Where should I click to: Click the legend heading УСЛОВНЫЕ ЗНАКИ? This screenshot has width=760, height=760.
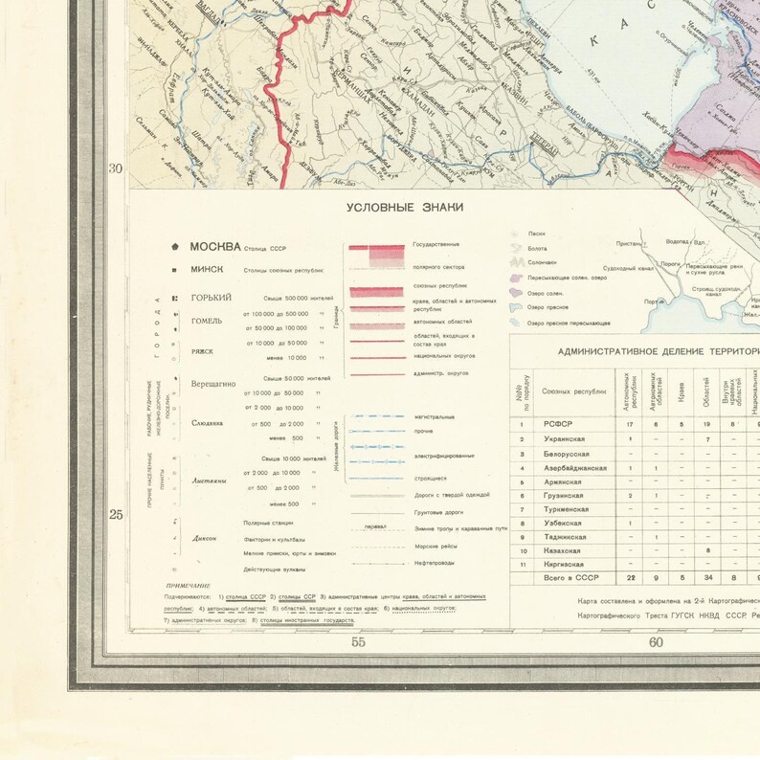pyautogui.click(x=404, y=208)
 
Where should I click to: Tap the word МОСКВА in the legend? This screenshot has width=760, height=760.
pyautogui.click(x=215, y=246)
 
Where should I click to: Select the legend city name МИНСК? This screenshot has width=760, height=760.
pyautogui.click(x=207, y=270)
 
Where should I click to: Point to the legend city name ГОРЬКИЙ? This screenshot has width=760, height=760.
pyautogui.click(x=212, y=298)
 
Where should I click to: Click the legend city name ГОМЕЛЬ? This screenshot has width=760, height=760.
pyautogui.click(x=208, y=321)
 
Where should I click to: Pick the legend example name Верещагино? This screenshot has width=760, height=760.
pyautogui.click(x=214, y=383)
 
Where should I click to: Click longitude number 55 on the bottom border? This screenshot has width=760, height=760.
pyautogui.click(x=358, y=642)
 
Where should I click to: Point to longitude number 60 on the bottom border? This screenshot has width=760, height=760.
pyautogui.click(x=656, y=642)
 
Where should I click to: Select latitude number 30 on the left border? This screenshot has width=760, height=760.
pyautogui.click(x=116, y=169)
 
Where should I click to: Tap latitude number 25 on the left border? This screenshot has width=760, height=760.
pyautogui.click(x=116, y=515)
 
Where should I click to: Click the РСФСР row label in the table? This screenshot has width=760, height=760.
pyautogui.click(x=559, y=423)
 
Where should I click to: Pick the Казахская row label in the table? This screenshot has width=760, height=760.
pyautogui.click(x=562, y=551)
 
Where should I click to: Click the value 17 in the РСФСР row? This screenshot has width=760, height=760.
pyautogui.click(x=630, y=423)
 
